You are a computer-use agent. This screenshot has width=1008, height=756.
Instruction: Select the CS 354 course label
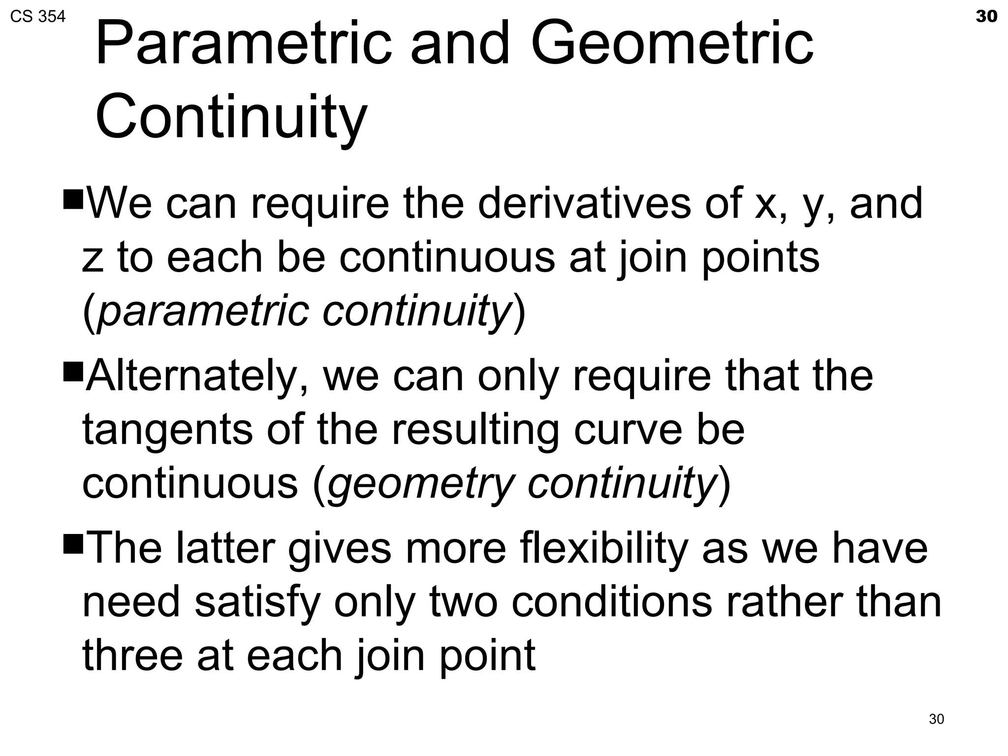[37, 17]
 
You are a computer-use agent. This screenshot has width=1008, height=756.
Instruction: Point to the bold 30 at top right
[986, 16]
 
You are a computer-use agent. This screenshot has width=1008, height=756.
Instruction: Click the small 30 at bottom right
[936, 719]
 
